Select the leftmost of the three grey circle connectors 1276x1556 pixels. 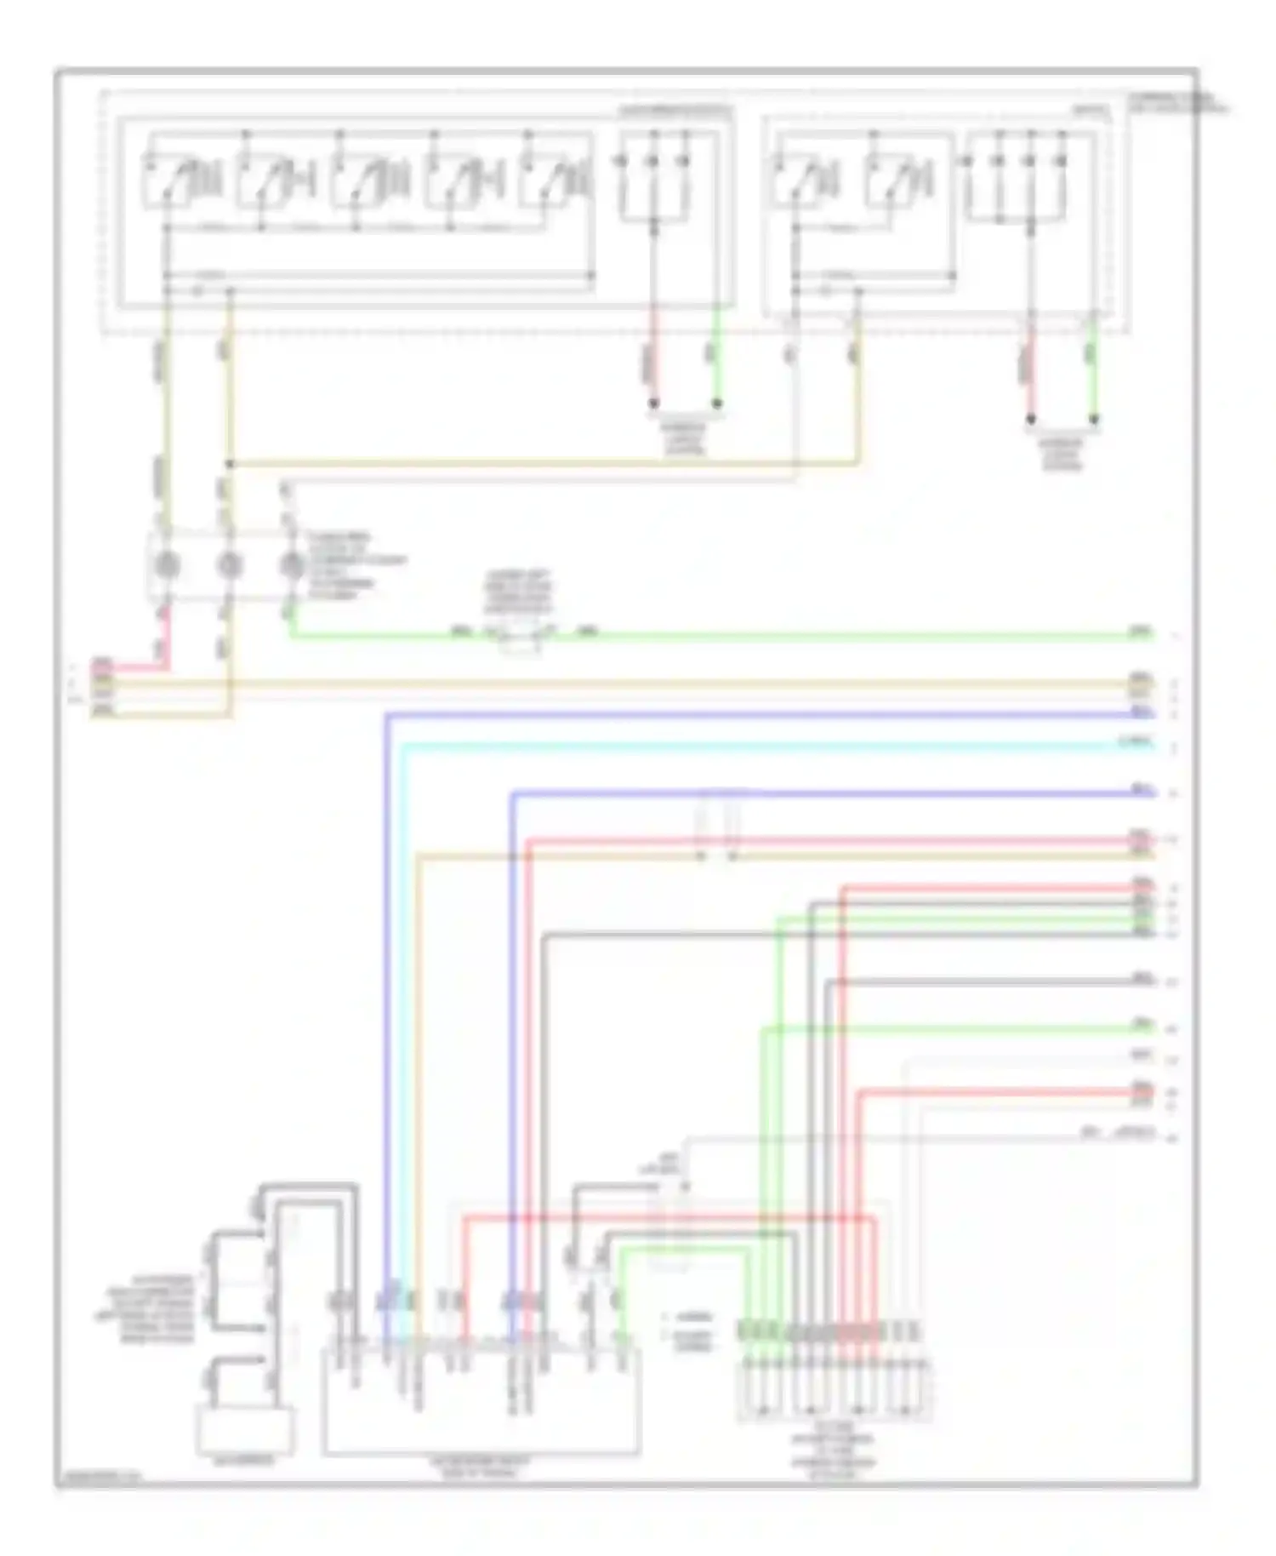coord(168,564)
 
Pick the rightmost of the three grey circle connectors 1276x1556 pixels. coord(292,564)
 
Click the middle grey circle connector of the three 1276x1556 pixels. coord(230,564)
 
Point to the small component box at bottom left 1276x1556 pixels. coord(246,1430)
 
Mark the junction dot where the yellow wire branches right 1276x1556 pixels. coord(230,465)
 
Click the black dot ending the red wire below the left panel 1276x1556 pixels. coord(654,403)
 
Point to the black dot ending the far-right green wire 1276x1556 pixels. coord(1094,419)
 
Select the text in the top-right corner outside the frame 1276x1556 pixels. coord(1178,103)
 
